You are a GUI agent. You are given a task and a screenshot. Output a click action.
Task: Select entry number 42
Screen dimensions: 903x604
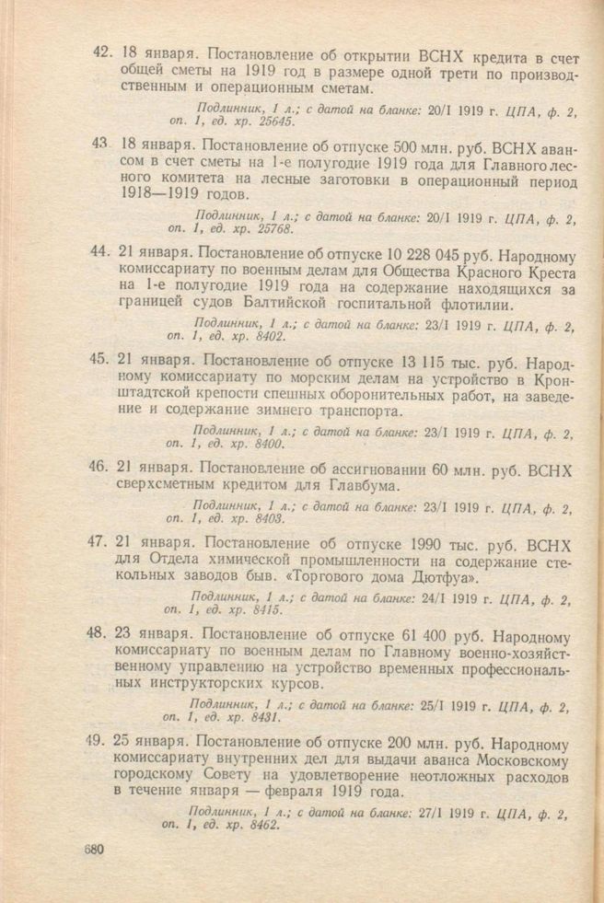click(102, 53)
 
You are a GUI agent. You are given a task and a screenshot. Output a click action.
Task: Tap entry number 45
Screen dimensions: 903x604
click(101, 359)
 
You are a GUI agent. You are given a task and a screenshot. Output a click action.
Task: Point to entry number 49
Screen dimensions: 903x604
click(100, 742)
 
